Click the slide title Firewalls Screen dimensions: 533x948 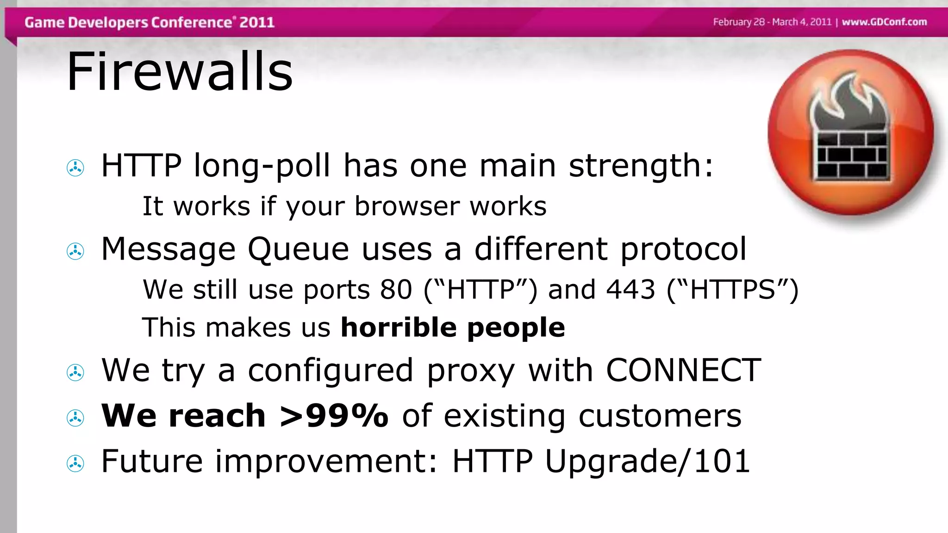(180, 72)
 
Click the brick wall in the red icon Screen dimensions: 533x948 (851, 155)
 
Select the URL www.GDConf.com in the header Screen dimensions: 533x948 (884, 22)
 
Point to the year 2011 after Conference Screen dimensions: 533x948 (257, 22)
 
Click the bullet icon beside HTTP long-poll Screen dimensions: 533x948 (75, 168)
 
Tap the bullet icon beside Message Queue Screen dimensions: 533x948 (75, 251)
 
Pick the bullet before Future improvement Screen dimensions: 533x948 (75, 464)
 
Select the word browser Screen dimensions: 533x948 (407, 206)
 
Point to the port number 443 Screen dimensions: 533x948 (630, 290)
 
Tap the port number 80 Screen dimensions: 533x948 (396, 290)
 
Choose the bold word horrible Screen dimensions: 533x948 (399, 327)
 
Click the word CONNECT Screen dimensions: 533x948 (683, 370)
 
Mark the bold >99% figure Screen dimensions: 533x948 (334, 415)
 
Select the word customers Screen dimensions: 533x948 (660, 415)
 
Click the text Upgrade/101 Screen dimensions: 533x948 (647, 462)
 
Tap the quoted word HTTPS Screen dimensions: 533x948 (732, 290)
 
